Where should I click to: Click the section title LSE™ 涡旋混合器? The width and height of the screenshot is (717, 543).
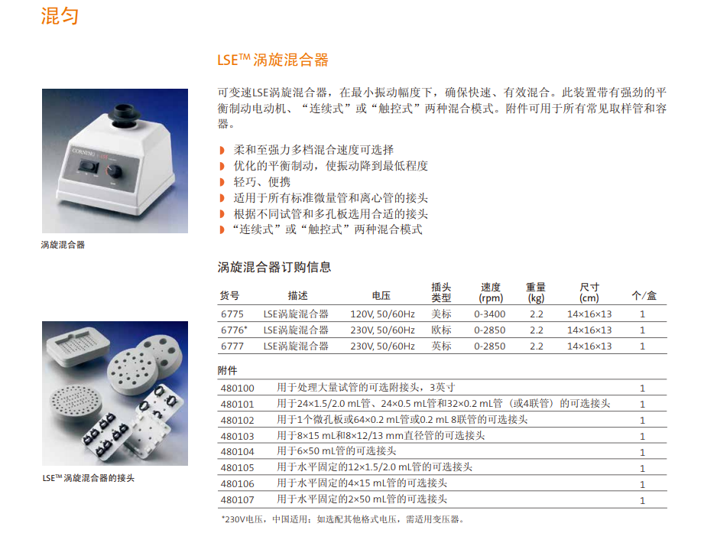click(x=273, y=60)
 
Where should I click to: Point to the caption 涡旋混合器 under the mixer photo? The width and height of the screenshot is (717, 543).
click(x=63, y=245)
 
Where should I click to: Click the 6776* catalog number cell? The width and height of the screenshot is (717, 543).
click(x=233, y=330)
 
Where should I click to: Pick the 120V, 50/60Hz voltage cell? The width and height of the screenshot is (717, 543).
click(x=382, y=314)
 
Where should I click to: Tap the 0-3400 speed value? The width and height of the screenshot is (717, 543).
click(x=490, y=314)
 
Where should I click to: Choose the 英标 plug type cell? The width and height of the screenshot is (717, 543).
click(x=441, y=346)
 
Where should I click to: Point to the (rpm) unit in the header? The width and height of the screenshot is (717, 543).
click(x=491, y=299)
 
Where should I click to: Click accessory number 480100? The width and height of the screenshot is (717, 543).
click(x=237, y=388)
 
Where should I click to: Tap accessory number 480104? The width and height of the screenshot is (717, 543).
click(x=237, y=452)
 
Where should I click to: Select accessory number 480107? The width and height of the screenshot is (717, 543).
click(x=237, y=500)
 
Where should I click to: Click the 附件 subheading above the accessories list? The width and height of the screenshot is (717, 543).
click(x=228, y=371)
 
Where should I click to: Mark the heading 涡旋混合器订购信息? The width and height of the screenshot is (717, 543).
click(x=274, y=267)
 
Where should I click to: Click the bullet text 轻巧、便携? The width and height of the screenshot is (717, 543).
click(x=261, y=182)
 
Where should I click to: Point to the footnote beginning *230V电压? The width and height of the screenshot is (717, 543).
click(x=342, y=520)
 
